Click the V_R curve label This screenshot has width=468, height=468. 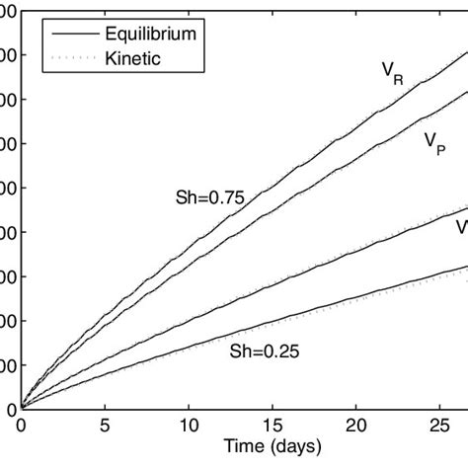point(392,74)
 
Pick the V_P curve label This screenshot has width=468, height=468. point(432,143)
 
